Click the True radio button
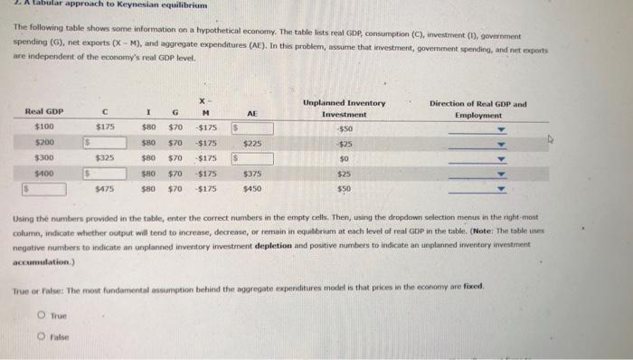click(x=43, y=316)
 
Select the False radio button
click(x=43, y=334)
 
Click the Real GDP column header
click(x=43, y=110)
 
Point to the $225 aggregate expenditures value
click(x=253, y=143)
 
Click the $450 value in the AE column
click(x=253, y=189)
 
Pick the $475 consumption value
click(x=104, y=189)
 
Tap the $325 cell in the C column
click(x=104, y=158)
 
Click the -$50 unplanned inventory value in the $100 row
click(x=343, y=128)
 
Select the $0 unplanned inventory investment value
click(x=344, y=158)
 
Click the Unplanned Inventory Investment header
click(x=344, y=109)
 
